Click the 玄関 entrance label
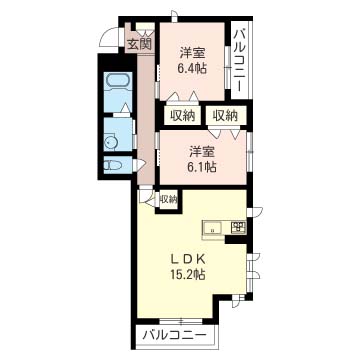coord(140,44)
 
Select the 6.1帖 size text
coord(201,166)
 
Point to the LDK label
coord(189,258)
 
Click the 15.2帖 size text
coord(189,274)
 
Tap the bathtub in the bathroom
coord(118,81)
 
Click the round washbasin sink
coord(110,143)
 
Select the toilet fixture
coord(110,165)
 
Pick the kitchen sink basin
coord(212,228)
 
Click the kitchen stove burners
coord(238,227)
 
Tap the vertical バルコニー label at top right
coord(240,60)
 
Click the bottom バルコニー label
coord(175,334)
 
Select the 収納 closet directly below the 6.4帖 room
coord(183,115)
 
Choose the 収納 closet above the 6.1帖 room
coord(226,115)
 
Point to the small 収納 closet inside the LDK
coord(169,199)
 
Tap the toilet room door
coord(139,165)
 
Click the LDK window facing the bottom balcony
coord(181,321)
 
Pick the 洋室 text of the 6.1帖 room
coord(201,151)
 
